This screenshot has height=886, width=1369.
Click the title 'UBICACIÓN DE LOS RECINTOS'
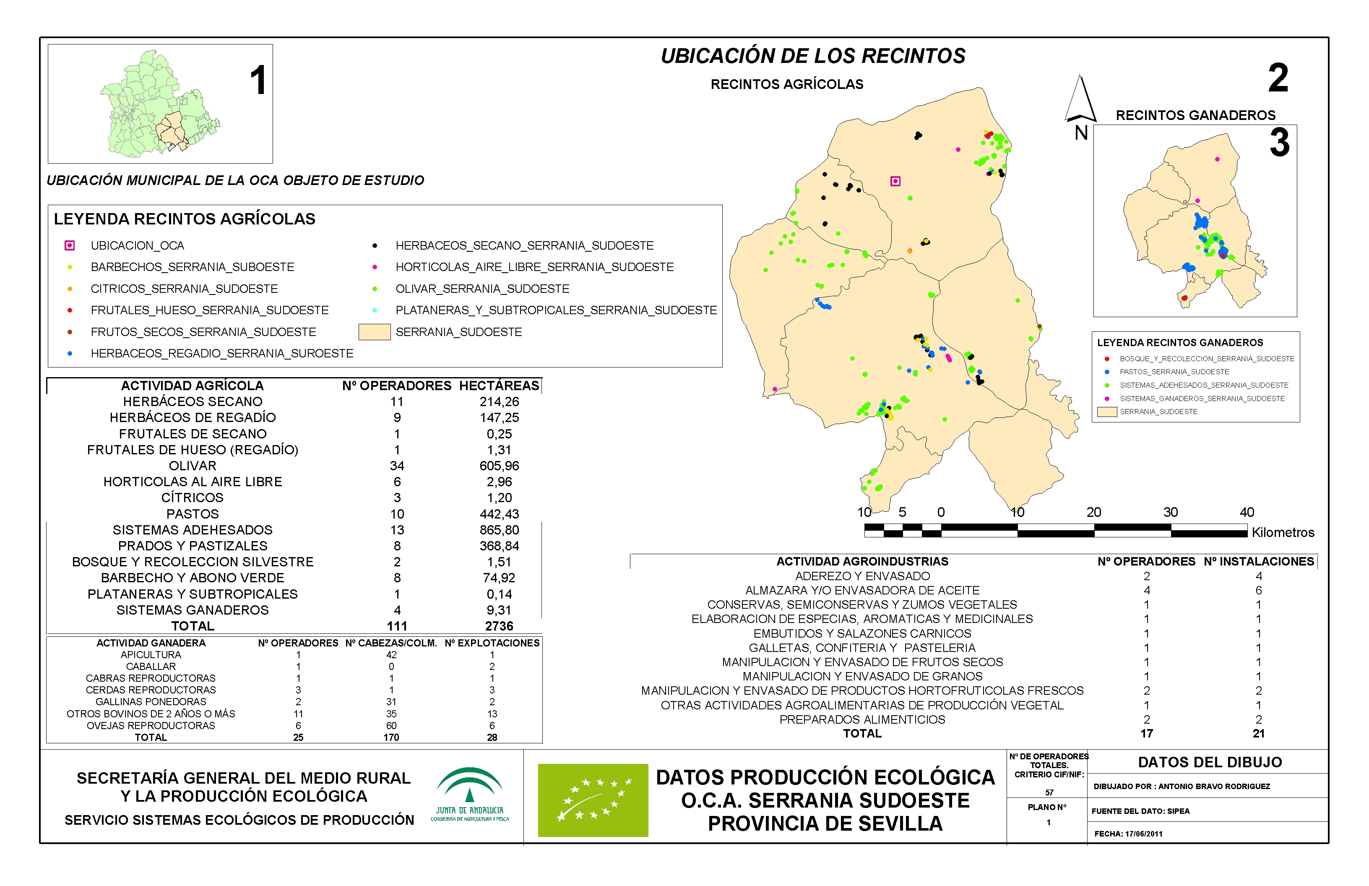coord(813,56)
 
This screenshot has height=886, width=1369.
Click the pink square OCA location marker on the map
coord(895,181)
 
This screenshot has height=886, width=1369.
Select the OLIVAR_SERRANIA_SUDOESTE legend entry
coord(482,289)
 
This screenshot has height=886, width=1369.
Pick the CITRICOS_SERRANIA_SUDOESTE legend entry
coord(184,289)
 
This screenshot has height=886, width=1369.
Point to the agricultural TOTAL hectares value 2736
coord(499,626)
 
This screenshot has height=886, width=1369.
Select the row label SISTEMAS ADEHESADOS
coord(192,530)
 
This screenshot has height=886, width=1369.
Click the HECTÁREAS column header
coord(499,386)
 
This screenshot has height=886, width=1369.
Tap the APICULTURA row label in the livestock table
coord(151,655)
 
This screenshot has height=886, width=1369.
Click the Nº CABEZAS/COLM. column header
coord(391,643)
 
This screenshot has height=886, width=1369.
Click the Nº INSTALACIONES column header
coord(1259,562)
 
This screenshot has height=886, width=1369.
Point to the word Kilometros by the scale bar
coord(1283,533)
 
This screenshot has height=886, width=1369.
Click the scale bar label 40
coord(1247,512)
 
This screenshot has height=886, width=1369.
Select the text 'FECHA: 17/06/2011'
coord(1128,834)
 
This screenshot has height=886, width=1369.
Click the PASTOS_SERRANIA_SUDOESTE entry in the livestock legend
coord(1174,372)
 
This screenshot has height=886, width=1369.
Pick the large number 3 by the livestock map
coord(1279,143)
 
